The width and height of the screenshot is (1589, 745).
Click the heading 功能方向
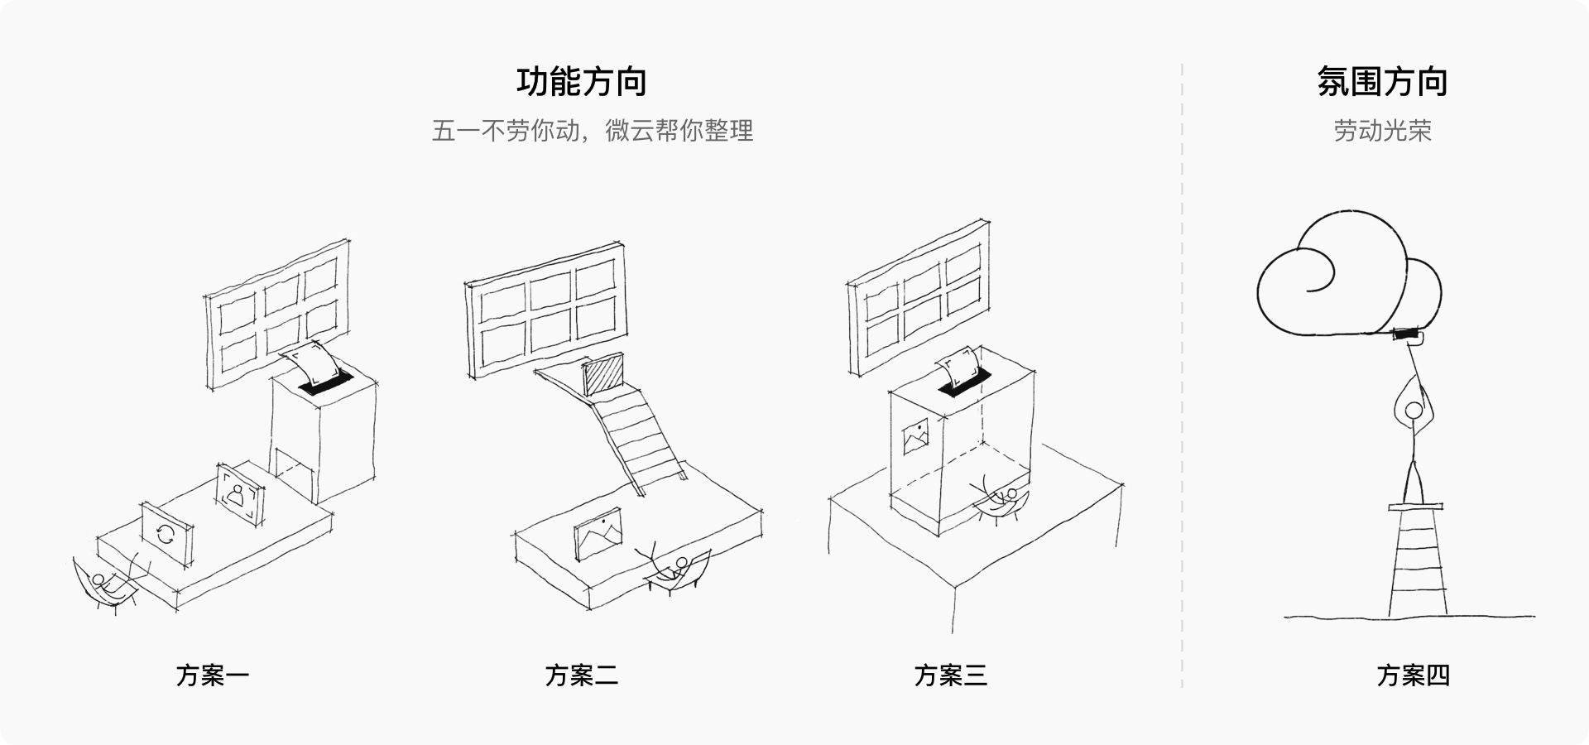pyautogui.click(x=581, y=82)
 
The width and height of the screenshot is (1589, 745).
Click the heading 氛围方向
pyautogui.click(x=1382, y=82)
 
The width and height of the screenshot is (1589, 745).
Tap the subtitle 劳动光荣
pyautogui.click(x=1382, y=131)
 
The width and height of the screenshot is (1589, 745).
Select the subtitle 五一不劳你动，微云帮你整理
pyautogui.click(x=593, y=131)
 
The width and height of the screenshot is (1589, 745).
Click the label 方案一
pyautogui.click(x=213, y=675)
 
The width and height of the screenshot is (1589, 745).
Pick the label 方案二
pyautogui.click(x=582, y=675)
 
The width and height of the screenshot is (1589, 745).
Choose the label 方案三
pyautogui.click(x=951, y=675)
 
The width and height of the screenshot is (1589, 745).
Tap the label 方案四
pyautogui.click(x=1414, y=675)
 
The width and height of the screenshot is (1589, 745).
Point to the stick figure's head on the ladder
pyautogui.click(x=1414, y=410)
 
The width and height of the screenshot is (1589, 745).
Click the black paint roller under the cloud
pyautogui.click(x=1407, y=334)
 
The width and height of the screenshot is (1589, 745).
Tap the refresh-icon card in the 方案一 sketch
pyautogui.click(x=166, y=534)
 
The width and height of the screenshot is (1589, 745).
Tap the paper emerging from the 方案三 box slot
pyautogui.click(x=958, y=368)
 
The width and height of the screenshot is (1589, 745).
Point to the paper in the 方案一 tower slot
pyautogui.click(x=311, y=365)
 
